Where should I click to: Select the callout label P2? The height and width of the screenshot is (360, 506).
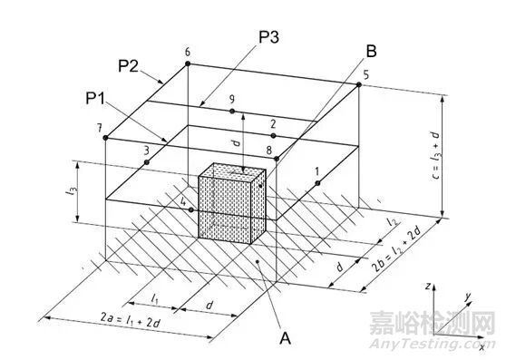click(x=127, y=64)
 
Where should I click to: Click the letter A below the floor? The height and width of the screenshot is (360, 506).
click(x=285, y=338)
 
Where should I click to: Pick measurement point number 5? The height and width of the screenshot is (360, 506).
click(x=359, y=85)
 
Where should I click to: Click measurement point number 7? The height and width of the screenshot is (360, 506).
click(x=106, y=138)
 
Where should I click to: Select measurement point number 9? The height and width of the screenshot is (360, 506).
click(x=232, y=112)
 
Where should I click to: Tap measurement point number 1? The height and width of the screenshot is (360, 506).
click(x=319, y=183)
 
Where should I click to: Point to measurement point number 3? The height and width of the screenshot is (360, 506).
click(x=146, y=163)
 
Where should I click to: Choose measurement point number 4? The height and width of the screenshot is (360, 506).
click(x=190, y=209)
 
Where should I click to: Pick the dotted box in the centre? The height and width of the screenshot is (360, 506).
click(x=231, y=201)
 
